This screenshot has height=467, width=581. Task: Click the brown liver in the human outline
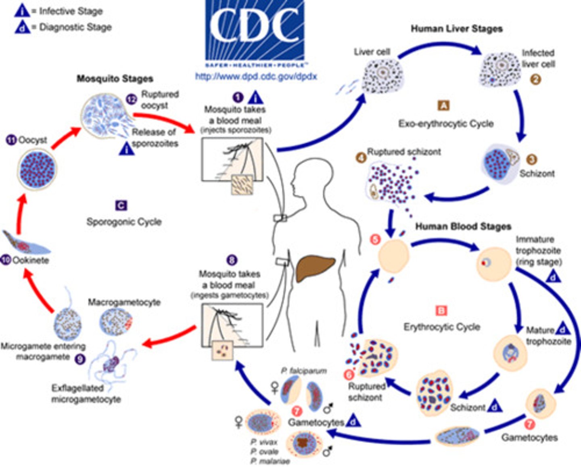tap(315, 268)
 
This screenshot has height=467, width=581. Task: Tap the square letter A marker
tap(443, 106)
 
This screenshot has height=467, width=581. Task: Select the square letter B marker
tap(441, 310)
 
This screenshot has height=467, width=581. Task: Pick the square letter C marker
tap(121, 205)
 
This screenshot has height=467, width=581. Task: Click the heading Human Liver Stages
tap(456, 29)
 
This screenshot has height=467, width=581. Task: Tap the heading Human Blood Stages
tap(463, 226)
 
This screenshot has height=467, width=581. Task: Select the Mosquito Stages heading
tap(115, 78)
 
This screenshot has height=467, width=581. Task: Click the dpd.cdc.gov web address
tap(256, 76)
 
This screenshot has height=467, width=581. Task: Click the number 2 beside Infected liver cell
tap(535, 79)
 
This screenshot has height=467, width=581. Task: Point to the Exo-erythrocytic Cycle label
tap(446, 124)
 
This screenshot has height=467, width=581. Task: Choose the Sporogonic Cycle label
tap(124, 222)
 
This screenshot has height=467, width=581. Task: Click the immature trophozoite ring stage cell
tap(493, 264)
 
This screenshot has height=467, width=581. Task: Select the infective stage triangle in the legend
tap(22, 11)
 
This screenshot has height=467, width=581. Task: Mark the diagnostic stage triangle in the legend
tap(22, 27)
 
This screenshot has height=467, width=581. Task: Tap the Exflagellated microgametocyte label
tap(86, 394)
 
